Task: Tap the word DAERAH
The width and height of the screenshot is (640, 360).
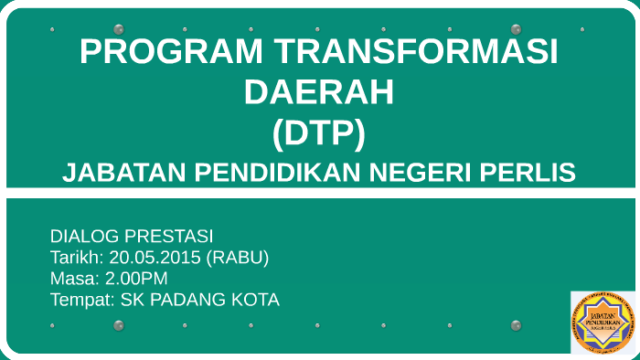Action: click(x=319, y=92)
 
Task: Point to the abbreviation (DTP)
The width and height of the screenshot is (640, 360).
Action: click(x=319, y=133)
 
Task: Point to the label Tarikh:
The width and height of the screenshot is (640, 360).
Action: click(x=77, y=258)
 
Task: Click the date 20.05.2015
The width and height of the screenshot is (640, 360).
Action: click(x=155, y=258)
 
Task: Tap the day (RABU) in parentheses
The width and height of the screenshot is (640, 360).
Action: click(x=238, y=258)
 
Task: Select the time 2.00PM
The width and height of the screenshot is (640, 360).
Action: click(x=137, y=279)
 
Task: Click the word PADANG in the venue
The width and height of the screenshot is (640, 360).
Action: click(x=188, y=300)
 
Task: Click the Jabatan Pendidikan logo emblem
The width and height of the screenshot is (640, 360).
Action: click(x=601, y=323)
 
